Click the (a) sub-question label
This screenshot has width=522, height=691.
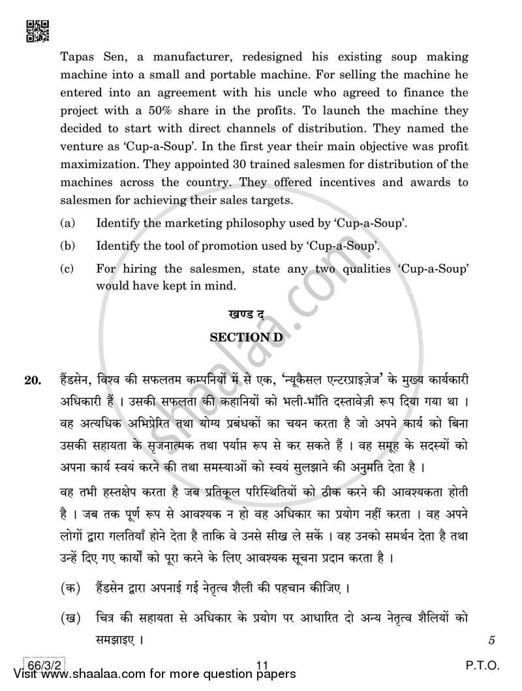click(x=67, y=224)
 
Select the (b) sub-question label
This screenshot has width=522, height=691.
click(x=67, y=246)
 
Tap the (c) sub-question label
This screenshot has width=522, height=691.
click(x=67, y=268)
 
